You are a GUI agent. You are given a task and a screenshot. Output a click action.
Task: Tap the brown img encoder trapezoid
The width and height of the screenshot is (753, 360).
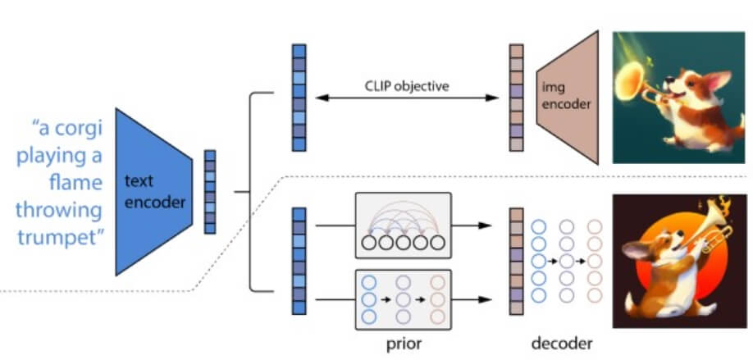(568, 98)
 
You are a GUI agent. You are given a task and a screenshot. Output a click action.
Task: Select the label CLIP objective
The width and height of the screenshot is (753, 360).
(407, 86)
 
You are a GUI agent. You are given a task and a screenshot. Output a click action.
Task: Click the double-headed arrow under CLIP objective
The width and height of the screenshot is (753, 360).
(407, 98)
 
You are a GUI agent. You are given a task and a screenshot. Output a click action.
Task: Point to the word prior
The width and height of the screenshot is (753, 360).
(404, 344)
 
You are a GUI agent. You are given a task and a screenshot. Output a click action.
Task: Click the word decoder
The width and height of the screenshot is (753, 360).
(561, 344)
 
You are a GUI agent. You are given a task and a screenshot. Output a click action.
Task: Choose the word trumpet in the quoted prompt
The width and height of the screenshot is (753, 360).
(61, 237)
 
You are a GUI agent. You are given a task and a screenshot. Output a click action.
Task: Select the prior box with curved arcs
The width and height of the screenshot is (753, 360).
(404, 226)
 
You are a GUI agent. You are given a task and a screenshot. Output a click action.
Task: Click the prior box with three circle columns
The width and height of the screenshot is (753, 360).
(404, 299)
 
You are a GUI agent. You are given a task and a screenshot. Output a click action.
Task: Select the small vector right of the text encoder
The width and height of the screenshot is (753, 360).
(210, 192)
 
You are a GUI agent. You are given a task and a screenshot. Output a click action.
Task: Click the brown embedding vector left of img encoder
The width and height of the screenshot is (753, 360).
(517, 98)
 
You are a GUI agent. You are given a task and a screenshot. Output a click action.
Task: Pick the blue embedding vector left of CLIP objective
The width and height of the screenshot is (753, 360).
(299, 98)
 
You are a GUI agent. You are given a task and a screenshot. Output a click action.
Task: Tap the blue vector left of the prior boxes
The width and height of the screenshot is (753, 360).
(299, 261)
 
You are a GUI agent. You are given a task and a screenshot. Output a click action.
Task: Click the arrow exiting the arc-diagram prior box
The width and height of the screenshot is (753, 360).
(472, 226)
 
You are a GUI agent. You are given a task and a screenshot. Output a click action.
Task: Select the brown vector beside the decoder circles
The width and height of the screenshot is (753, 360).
(517, 261)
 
